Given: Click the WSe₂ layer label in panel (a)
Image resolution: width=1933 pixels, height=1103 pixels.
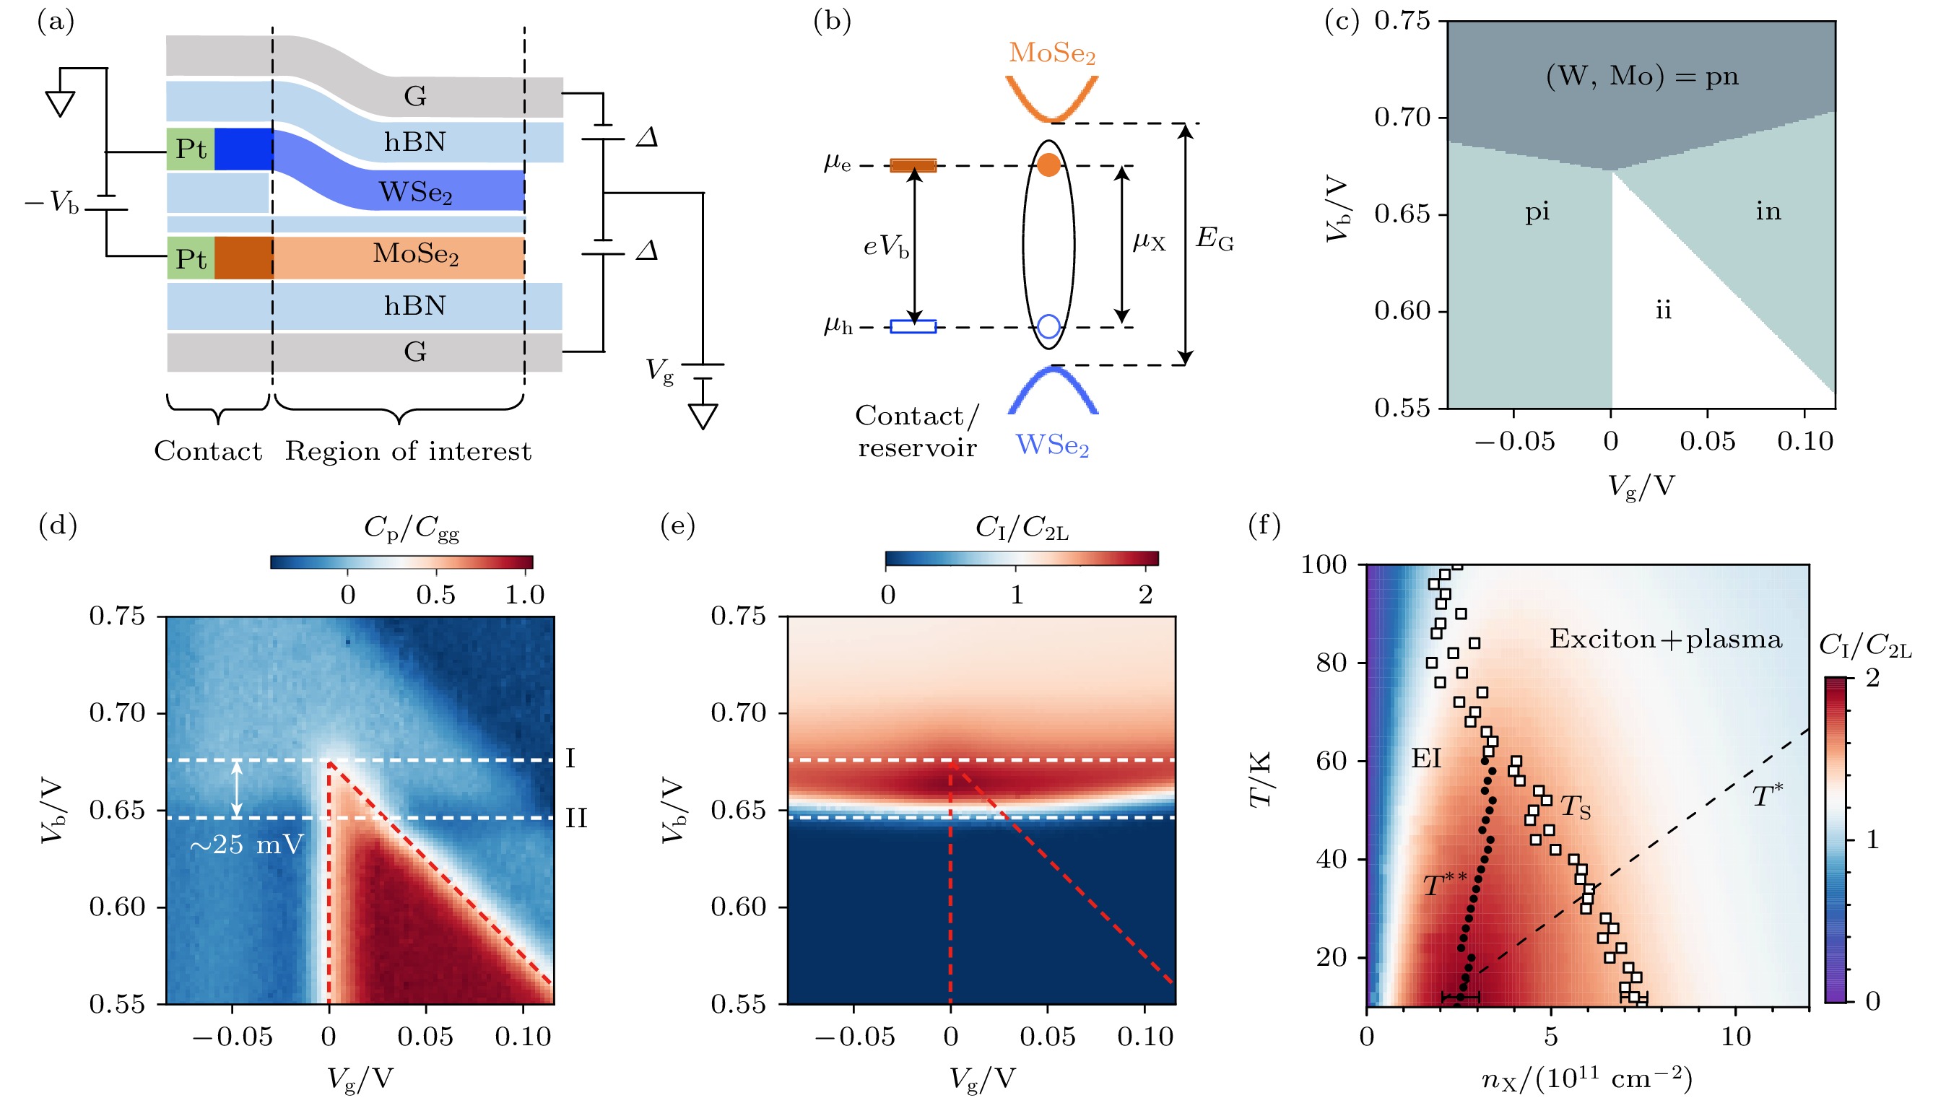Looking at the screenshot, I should (415, 193).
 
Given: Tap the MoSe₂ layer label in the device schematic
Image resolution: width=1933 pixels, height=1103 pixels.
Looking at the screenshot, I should (415, 254).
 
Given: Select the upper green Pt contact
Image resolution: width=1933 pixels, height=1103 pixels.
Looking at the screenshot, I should (190, 149).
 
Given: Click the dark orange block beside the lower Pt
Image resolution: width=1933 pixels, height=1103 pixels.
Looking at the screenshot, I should (243, 258).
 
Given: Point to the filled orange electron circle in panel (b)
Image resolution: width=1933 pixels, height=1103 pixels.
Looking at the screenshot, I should (1048, 165).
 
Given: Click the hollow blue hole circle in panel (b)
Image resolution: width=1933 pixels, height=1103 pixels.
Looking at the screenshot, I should (1048, 326).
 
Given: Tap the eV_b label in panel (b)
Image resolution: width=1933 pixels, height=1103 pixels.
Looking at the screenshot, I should (886, 246).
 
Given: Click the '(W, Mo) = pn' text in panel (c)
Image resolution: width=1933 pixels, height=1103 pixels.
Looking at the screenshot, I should (1641, 77).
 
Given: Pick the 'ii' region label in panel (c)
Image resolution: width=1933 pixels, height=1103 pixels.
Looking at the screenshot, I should (1662, 310).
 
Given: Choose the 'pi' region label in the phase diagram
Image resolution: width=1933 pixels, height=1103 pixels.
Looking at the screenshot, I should (1537, 212).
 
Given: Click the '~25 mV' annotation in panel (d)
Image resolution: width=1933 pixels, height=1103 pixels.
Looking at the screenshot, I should (246, 844).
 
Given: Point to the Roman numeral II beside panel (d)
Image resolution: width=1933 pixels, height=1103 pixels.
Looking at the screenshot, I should (576, 819).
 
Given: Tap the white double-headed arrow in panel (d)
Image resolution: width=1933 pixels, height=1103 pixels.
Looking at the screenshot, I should (236, 788).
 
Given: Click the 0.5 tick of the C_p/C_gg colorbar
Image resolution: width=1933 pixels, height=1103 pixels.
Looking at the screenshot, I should (435, 596).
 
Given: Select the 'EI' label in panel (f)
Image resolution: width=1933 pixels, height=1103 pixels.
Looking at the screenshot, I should (1425, 758).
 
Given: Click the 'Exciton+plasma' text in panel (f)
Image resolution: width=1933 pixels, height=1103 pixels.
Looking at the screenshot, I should (1665, 639).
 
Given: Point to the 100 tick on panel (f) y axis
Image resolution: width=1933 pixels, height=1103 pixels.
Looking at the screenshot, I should (1323, 564).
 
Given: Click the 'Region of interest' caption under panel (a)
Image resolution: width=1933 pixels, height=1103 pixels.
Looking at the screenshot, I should (408, 451).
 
